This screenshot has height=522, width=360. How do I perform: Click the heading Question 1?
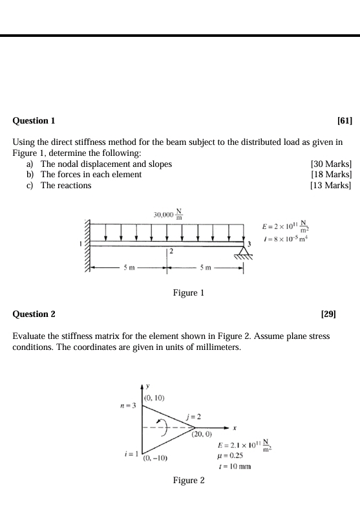pyautogui.click(x=34, y=121)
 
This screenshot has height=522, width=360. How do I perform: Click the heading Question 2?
pyautogui.click(x=34, y=314)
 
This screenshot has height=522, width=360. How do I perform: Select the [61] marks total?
pyautogui.click(x=344, y=121)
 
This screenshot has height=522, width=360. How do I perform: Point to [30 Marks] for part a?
pyautogui.click(x=331, y=164)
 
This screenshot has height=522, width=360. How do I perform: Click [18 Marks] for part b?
pyautogui.click(x=331, y=175)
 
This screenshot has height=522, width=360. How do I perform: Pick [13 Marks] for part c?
pyautogui.click(x=331, y=186)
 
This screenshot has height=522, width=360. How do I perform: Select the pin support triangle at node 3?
pyautogui.click(x=243, y=252)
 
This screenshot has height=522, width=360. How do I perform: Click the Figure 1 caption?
pyautogui.click(x=189, y=293)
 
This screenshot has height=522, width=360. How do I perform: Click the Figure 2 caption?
pyautogui.click(x=189, y=481)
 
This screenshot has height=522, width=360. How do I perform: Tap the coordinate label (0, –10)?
pyautogui.click(x=156, y=458)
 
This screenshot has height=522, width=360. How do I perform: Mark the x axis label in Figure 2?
pyautogui.click(x=235, y=428)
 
